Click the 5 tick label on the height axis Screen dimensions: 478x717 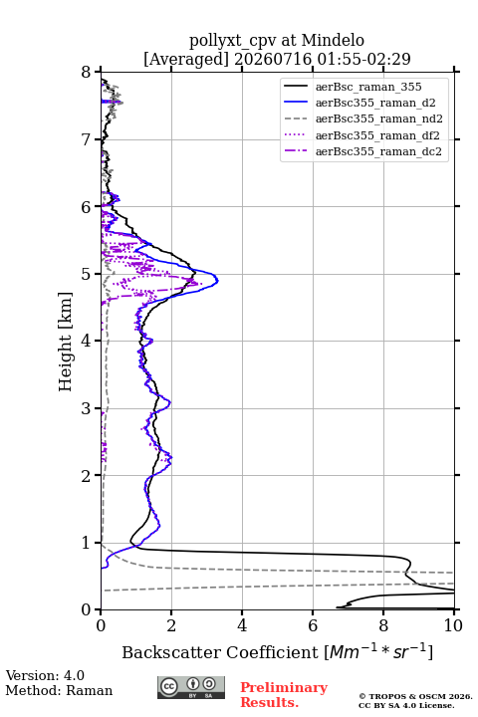pos(87,274)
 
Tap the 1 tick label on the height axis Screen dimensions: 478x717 pos(87,543)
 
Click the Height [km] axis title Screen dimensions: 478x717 pos(66,342)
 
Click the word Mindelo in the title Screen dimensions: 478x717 pos(333,40)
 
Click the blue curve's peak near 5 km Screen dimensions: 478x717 pos(217,280)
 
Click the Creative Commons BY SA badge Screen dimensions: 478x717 pos(191,688)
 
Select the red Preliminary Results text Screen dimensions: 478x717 pos(284,695)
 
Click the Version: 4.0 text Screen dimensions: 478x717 pos(45,675)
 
